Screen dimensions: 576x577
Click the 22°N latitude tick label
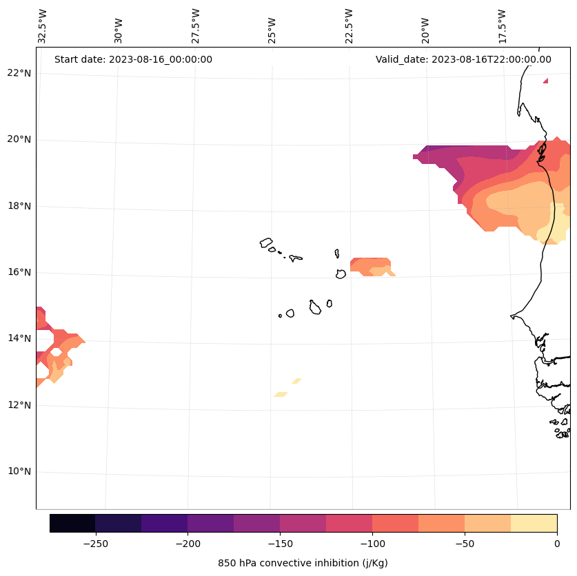point(19,73)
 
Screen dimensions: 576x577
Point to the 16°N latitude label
point(19,272)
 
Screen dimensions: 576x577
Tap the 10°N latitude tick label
point(19,471)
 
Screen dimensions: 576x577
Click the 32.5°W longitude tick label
point(43,25)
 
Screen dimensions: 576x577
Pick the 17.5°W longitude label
point(502,25)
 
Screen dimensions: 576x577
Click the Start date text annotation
point(133,59)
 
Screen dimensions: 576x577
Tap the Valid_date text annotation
point(463,59)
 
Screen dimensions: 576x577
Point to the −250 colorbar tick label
point(95,544)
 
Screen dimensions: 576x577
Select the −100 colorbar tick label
point(372,544)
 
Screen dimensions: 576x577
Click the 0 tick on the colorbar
point(556,544)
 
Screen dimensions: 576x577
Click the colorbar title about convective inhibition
point(303,563)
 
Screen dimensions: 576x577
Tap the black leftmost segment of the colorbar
point(72,523)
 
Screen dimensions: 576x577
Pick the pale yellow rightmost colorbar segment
point(534,523)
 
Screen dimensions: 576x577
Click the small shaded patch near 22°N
point(546,81)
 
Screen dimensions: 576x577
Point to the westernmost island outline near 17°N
point(266,243)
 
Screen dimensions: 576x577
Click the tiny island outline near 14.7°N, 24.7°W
point(280,316)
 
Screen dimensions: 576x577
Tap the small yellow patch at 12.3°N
point(281,394)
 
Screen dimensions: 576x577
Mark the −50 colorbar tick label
point(465,544)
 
